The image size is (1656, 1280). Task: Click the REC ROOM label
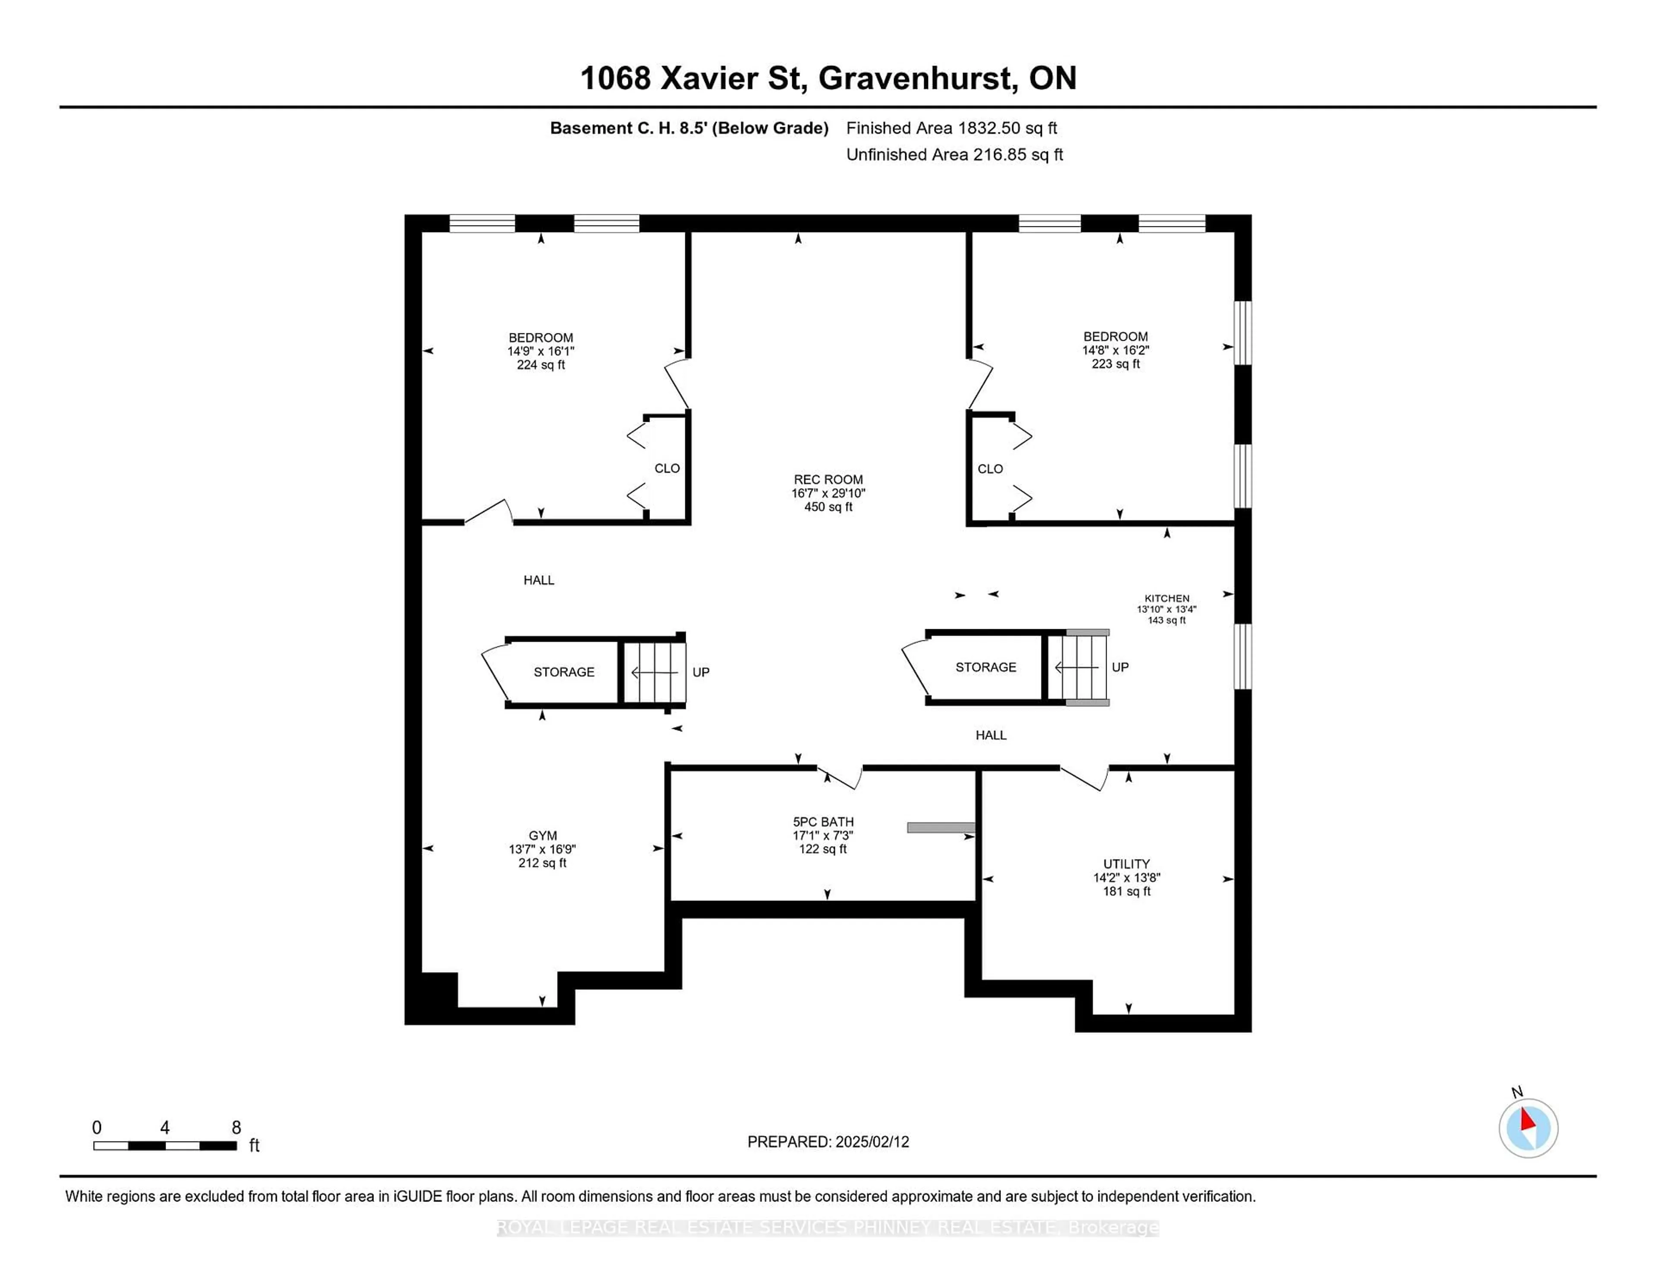click(x=828, y=479)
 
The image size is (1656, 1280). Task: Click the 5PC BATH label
click(x=823, y=821)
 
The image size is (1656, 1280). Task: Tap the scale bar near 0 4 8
click(x=165, y=1145)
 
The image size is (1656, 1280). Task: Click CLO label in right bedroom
click(x=990, y=469)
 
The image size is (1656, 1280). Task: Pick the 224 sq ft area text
click(x=541, y=365)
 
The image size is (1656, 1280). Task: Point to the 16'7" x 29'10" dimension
click(x=828, y=493)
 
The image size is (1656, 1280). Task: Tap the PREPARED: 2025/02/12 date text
click(x=828, y=1141)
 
